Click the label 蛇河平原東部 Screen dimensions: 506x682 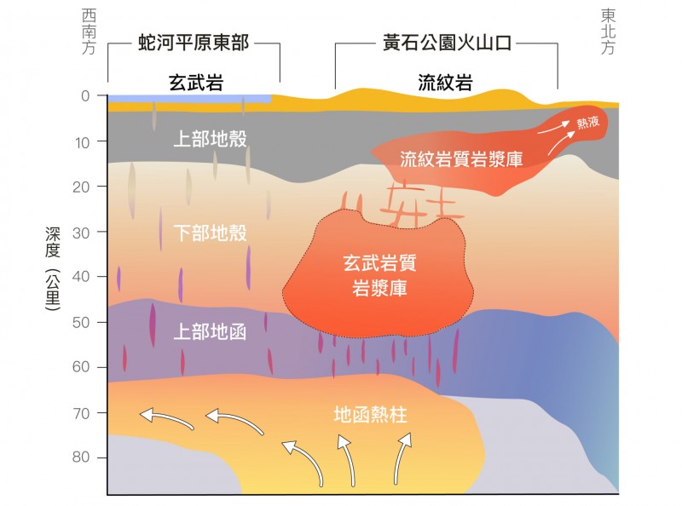(x=194, y=43)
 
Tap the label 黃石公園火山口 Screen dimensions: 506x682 (x=445, y=43)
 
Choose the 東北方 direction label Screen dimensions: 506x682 (x=608, y=32)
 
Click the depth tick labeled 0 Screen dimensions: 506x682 (x=85, y=95)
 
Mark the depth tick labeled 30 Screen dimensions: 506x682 (x=83, y=232)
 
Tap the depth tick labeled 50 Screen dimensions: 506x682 (x=83, y=322)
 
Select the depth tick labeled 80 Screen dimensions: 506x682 (x=83, y=457)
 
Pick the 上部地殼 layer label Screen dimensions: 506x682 (x=210, y=138)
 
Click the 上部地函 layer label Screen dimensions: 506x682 (x=210, y=331)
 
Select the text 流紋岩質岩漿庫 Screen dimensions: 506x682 (x=461, y=158)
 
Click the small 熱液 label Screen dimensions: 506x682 (x=587, y=123)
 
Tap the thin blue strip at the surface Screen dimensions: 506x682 (x=188, y=99)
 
